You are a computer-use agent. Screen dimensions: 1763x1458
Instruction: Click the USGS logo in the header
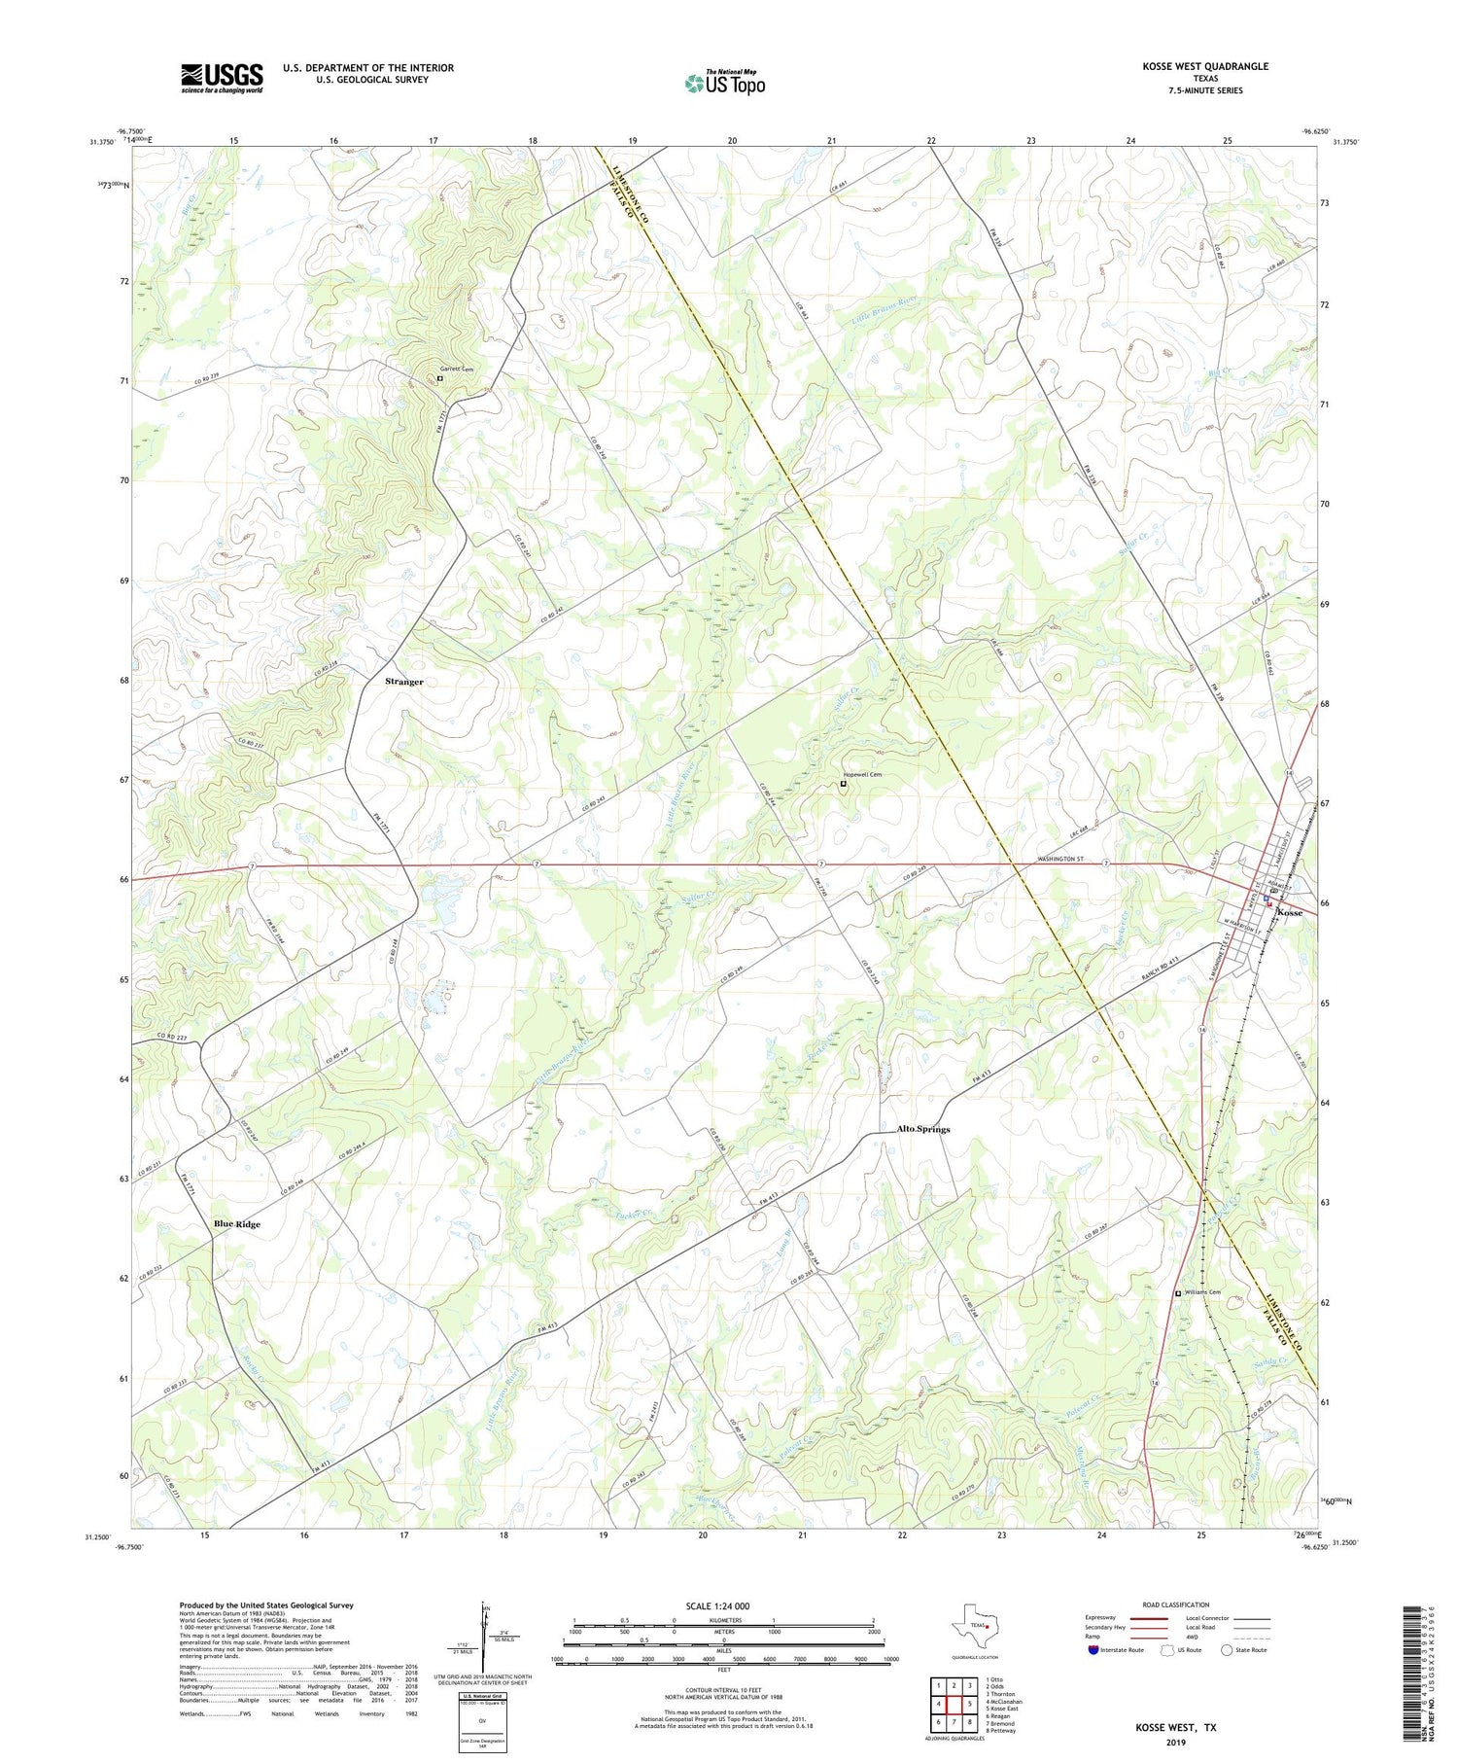click(x=222, y=78)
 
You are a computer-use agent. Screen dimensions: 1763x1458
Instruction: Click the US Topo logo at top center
click(x=724, y=83)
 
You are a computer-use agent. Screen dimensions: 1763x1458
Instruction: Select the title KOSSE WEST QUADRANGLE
click(x=1205, y=66)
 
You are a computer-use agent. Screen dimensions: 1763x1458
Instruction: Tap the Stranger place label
click(x=404, y=682)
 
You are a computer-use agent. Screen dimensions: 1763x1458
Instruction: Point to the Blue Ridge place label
click(x=237, y=1224)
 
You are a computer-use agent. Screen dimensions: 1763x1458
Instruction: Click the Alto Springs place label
click(x=922, y=1129)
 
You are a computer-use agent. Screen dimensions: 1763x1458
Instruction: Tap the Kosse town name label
click(x=1290, y=913)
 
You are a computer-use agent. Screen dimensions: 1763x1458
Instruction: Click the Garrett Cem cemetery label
click(x=457, y=370)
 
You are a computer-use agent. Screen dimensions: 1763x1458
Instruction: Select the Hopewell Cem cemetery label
click(x=862, y=774)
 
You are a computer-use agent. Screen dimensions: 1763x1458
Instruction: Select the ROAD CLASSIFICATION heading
click(x=1176, y=1604)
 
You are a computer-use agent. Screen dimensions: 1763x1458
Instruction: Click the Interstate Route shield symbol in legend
click(x=1093, y=1650)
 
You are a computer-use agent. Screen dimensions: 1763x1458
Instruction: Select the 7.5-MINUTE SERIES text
click(x=1205, y=90)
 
